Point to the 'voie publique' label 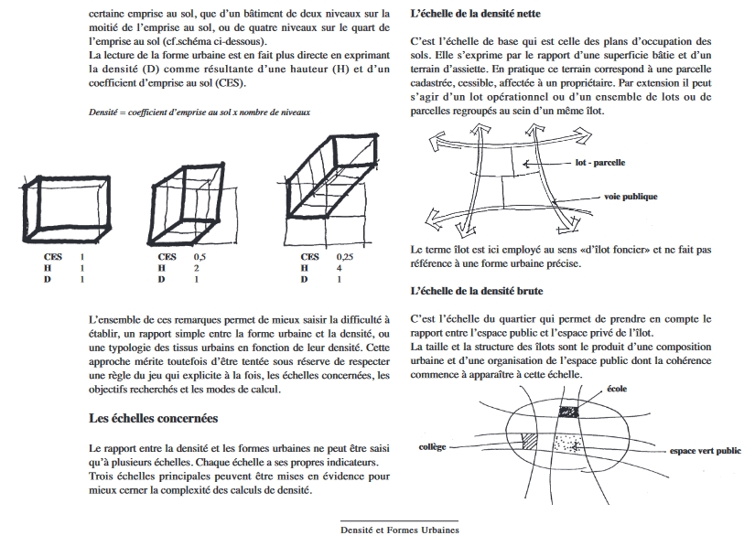tap(631, 197)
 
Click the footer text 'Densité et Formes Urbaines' tap(400, 530)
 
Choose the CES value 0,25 tap(345, 258)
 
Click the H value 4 tap(340, 269)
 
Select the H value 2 tap(196, 269)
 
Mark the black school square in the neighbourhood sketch tap(569, 412)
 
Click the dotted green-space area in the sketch tap(572, 443)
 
